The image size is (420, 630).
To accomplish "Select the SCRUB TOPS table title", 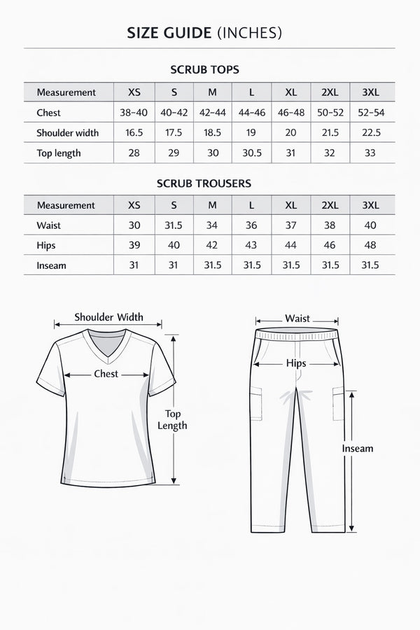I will [204, 70].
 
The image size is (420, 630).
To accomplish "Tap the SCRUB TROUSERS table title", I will [204, 183].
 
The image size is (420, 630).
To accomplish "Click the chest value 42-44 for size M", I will [213, 113].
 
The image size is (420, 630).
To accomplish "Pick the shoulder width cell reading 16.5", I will [134, 133].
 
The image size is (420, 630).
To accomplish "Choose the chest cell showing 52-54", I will [371, 113].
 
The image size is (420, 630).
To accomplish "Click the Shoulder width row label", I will [67, 133].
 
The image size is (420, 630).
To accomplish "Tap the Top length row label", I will [59, 153].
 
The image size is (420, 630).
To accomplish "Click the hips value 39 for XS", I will [134, 246].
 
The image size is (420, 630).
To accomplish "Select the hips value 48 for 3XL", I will [370, 246].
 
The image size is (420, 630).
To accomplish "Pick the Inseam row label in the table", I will [52, 265].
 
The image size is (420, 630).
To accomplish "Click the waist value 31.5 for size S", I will [174, 225].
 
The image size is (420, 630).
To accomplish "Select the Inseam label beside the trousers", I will [358, 448].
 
